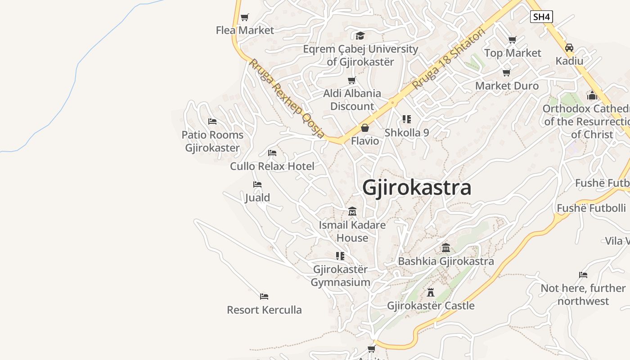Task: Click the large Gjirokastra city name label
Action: (x=417, y=187)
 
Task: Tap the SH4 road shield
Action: (x=541, y=17)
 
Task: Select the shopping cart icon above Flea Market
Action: (x=244, y=18)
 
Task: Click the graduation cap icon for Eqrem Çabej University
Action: (x=360, y=36)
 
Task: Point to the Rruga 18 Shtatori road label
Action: (x=449, y=58)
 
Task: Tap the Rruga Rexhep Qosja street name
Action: (x=287, y=98)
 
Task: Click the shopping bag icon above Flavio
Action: (x=365, y=128)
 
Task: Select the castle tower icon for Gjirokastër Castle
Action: (x=431, y=292)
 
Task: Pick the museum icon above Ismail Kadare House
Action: (x=352, y=211)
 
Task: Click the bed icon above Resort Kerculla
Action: (x=264, y=297)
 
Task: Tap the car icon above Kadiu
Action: (x=569, y=48)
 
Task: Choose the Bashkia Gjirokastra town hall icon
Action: (x=446, y=248)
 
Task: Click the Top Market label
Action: (x=513, y=53)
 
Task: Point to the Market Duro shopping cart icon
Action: (x=507, y=72)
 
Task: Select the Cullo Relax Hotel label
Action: (x=272, y=166)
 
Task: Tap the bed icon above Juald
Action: (x=257, y=184)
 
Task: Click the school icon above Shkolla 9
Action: (x=407, y=119)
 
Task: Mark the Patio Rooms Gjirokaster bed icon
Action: (x=212, y=121)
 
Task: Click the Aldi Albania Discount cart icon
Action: (x=352, y=81)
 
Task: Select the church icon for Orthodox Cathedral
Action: (x=592, y=95)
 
